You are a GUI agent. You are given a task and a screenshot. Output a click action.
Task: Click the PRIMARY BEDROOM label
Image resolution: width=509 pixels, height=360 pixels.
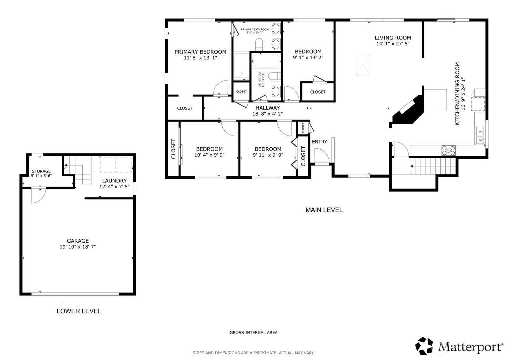[200, 52]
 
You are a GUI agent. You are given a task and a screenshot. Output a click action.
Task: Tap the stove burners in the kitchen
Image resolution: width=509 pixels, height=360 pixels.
[448, 150]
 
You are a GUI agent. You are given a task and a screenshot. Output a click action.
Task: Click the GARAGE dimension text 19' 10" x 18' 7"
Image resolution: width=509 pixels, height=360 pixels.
[78, 247]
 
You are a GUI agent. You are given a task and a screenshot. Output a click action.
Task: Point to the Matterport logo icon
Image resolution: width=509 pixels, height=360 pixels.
[425, 346]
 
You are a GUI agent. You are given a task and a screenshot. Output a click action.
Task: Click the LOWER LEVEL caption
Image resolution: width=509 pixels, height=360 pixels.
[79, 311]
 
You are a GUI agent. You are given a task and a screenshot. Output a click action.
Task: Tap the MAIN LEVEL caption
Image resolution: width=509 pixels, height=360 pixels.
[324, 210]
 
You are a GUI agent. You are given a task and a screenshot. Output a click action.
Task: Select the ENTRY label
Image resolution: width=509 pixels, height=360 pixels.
[319, 142]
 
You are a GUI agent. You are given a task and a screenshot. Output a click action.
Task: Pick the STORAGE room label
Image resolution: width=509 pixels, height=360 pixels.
[41, 171]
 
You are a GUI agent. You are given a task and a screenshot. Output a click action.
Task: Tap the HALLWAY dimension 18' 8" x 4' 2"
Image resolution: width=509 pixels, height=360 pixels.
[268, 114]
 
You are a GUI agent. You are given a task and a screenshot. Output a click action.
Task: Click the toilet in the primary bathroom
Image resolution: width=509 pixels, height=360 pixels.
[259, 44]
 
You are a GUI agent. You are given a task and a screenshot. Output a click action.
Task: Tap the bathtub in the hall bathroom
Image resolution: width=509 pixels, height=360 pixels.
[266, 61]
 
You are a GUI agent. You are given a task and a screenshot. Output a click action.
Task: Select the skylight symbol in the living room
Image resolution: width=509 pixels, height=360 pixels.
[363, 65]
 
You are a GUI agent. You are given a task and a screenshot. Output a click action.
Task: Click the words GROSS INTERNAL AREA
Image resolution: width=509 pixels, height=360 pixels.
[254, 332]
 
